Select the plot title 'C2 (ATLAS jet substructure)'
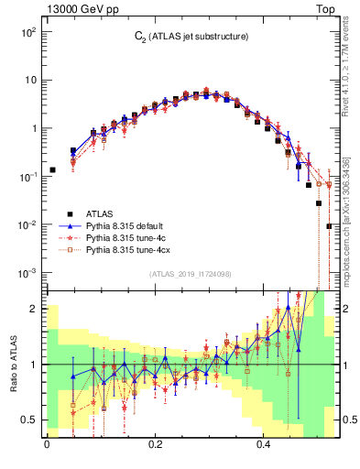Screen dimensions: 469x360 [189, 38]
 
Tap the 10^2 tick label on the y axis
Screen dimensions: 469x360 [28, 32]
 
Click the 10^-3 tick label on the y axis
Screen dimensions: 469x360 [28, 273]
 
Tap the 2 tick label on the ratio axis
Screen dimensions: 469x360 [33, 309]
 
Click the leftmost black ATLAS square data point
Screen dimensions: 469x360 [52, 169]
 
